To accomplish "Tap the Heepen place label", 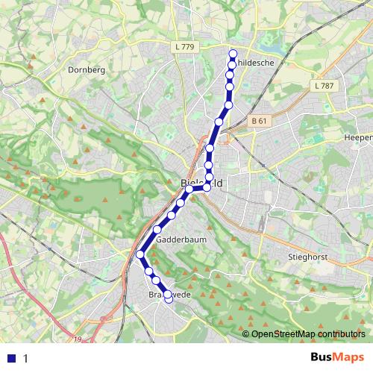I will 358,137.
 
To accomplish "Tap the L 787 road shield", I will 325,86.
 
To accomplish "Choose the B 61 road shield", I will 259,121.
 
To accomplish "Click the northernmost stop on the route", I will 233,53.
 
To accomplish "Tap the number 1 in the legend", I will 25,358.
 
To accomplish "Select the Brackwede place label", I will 166,295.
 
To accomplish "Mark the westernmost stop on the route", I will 140,255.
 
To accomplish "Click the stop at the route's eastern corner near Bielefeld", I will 207,186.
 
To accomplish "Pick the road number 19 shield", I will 78,339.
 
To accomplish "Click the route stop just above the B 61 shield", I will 228,104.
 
